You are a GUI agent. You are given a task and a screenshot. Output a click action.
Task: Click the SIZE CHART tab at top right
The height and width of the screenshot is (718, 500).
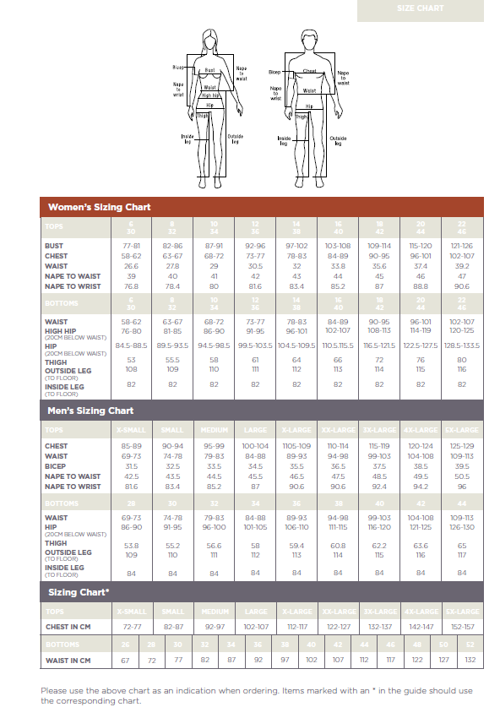coord(420,9)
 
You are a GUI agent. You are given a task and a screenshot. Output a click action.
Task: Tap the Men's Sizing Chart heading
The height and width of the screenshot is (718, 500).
coord(91,411)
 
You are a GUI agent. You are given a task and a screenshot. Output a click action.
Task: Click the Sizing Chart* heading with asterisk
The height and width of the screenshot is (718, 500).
coord(79,592)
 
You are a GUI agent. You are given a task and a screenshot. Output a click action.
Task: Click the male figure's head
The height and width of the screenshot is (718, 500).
coord(309,40)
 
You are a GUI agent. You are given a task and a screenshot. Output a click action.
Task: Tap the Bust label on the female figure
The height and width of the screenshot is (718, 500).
coord(210,71)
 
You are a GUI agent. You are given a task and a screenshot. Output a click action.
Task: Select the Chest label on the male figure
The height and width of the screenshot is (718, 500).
coord(309,72)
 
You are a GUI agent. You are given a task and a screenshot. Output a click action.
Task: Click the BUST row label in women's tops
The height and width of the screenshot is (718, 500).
coord(53,245)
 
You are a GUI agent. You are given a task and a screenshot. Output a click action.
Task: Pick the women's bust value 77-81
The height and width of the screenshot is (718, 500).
coord(131,245)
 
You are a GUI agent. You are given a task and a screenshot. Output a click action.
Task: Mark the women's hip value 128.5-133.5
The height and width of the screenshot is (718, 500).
coord(462,345)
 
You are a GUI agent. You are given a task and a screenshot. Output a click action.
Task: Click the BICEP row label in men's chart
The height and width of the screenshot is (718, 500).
coord(56,466)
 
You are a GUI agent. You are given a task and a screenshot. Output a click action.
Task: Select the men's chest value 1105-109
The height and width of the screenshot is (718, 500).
coord(296,446)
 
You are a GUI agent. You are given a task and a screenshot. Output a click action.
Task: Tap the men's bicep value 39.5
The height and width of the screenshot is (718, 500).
coord(462,466)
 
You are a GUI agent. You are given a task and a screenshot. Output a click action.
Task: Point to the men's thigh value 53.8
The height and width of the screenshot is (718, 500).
coord(131,546)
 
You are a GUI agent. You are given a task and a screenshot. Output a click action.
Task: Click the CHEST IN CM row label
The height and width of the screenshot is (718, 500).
coord(68,628)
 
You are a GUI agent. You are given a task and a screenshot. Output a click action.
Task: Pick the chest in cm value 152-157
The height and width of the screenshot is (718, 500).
coord(462,628)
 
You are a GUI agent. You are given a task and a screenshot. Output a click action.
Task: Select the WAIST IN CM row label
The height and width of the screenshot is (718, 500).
coord(68,661)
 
